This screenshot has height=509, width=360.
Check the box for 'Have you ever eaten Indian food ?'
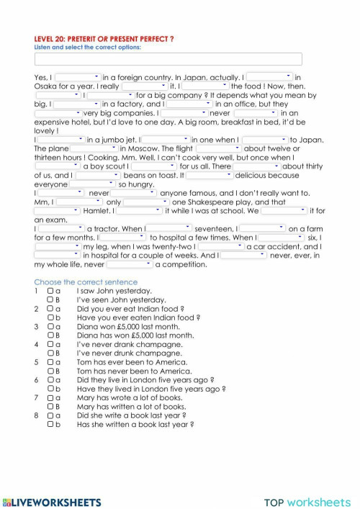(x=50, y=317)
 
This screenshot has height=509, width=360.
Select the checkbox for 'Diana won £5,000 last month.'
(x=50, y=326)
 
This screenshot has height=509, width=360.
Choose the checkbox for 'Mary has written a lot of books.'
(x=50, y=406)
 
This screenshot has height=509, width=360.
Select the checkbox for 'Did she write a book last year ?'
(x=50, y=415)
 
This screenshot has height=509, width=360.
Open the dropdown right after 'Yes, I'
(x=78, y=76)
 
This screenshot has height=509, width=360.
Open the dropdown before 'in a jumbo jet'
(x=60, y=139)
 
